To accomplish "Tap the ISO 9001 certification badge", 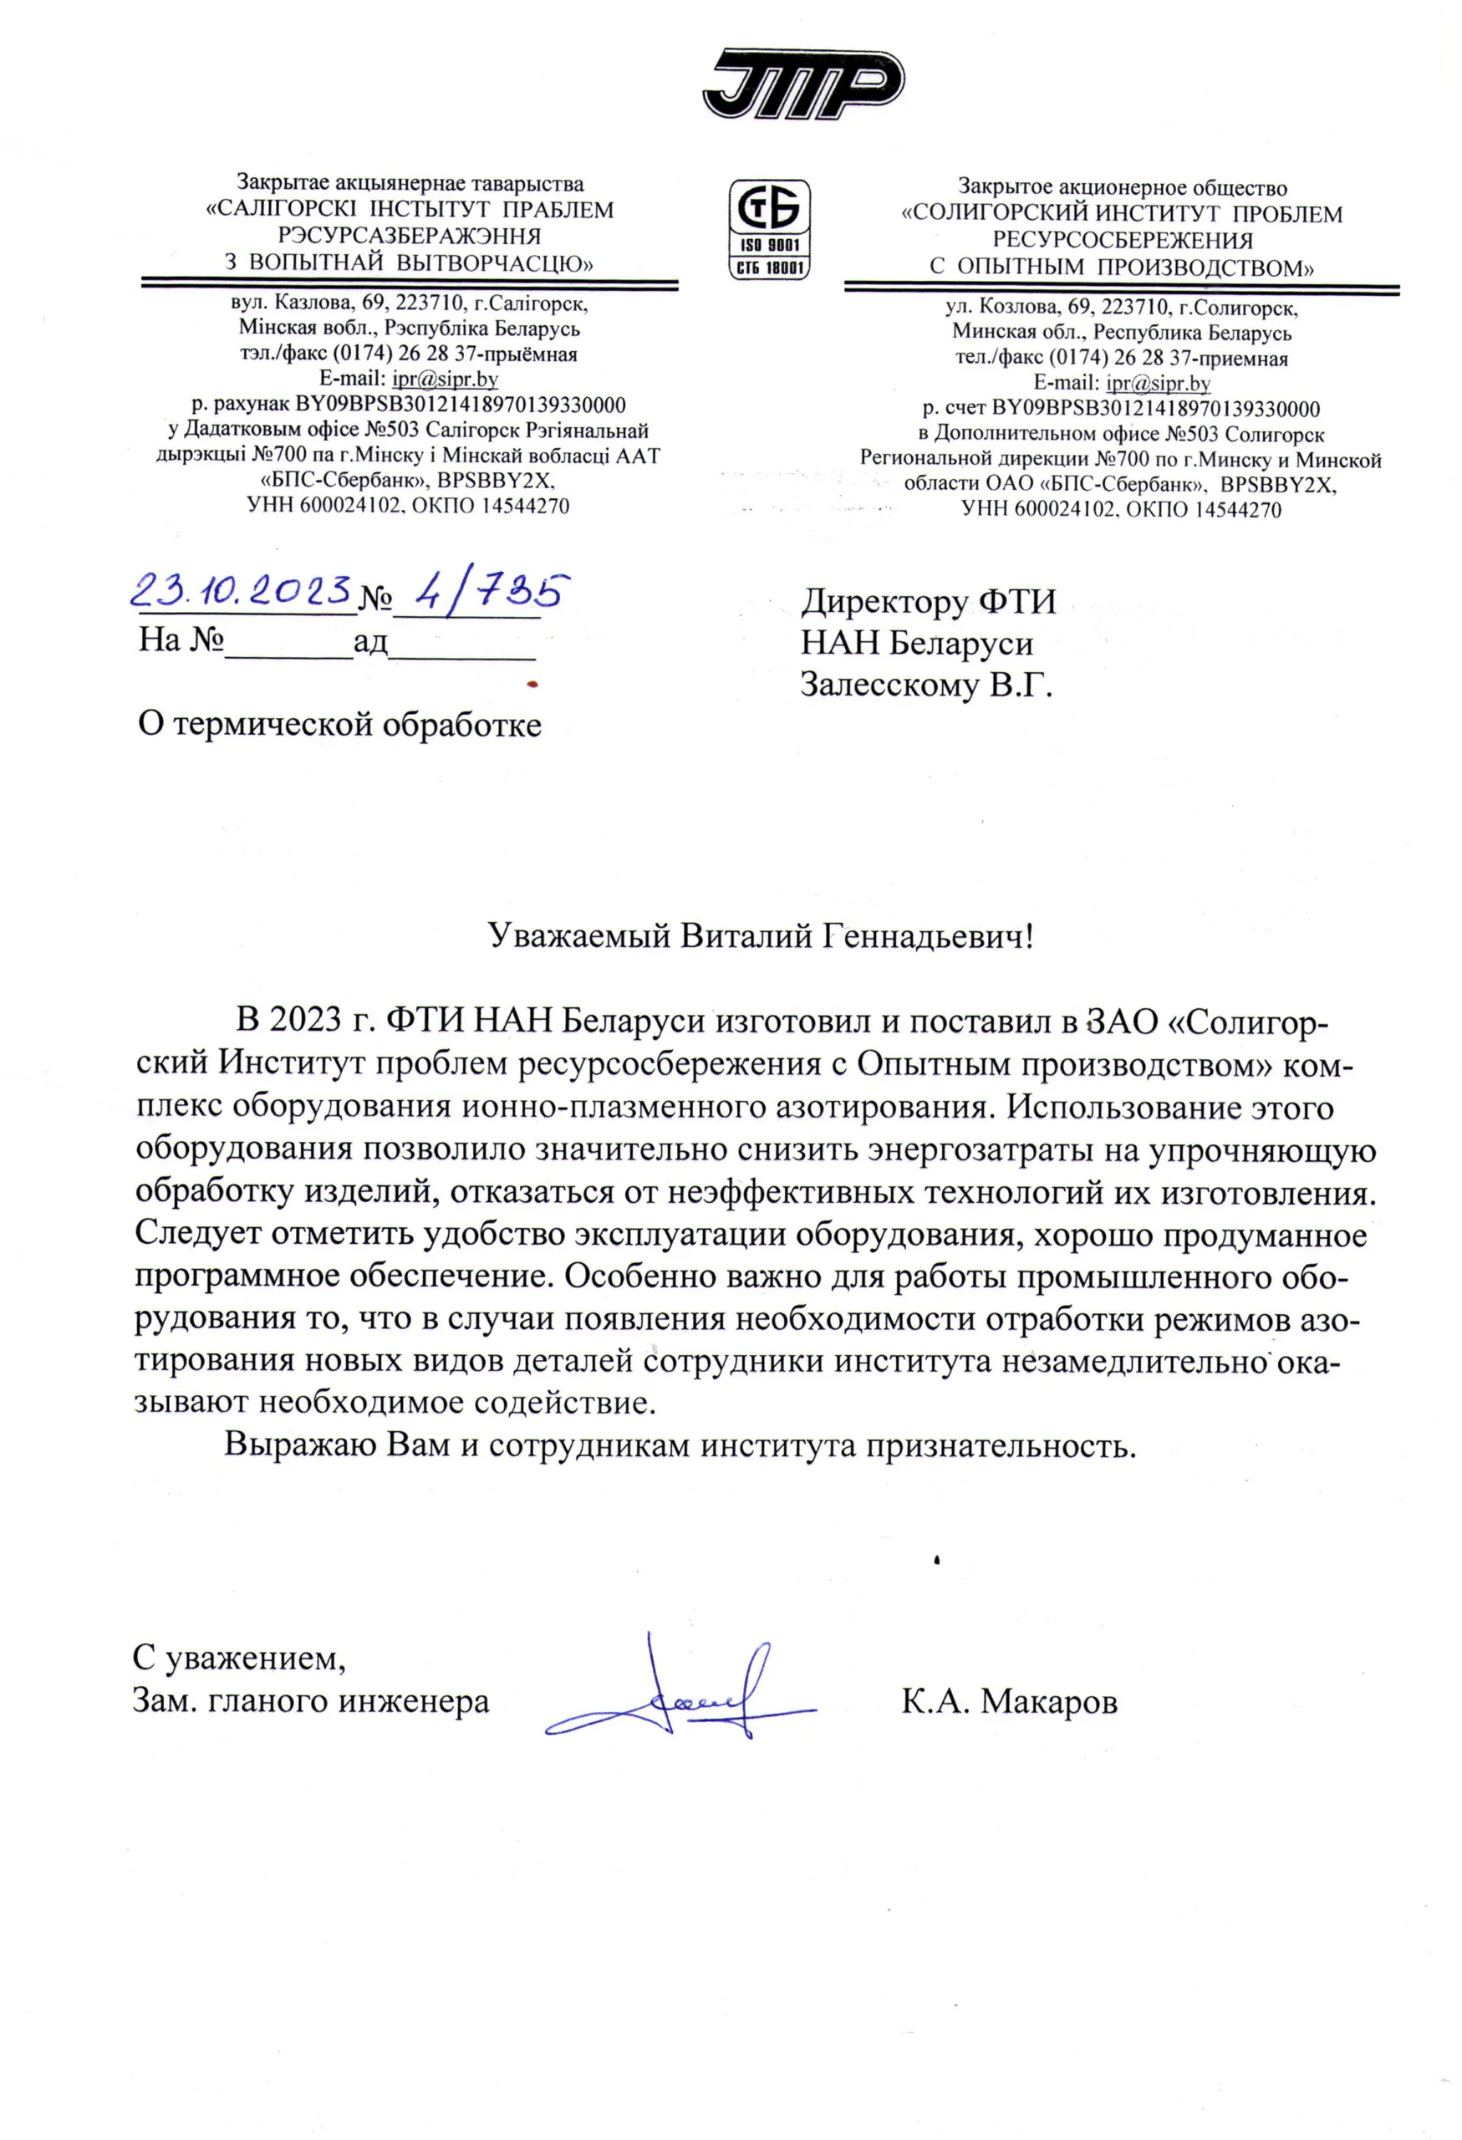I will click(769, 229).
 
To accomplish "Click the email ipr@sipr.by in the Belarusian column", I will click(445, 379).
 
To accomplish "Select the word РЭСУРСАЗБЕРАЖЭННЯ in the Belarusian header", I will click(410, 236).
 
